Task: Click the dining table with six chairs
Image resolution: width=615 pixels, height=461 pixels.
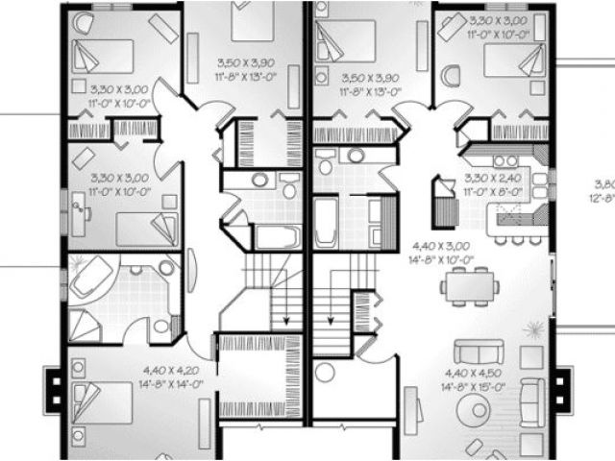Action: (x=470, y=284)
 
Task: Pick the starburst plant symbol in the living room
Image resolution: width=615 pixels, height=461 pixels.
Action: (x=532, y=330)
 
